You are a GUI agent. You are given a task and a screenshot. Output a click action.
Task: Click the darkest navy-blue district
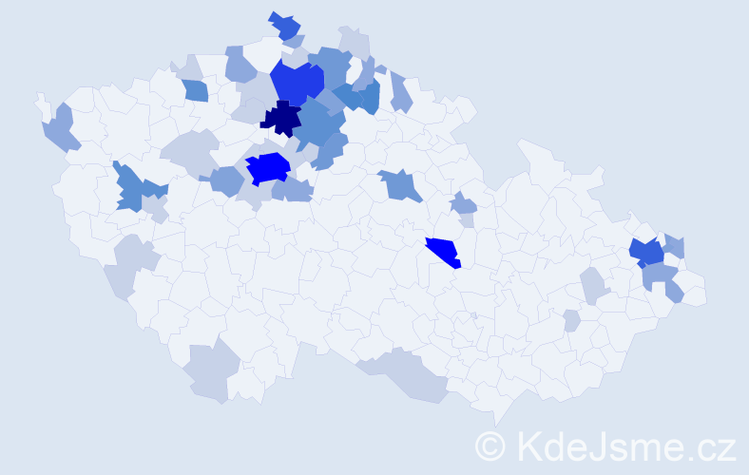point(281,119)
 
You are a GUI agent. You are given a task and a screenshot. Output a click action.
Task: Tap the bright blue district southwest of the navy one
point(268,168)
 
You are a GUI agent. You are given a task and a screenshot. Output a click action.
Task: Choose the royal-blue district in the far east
point(646,253)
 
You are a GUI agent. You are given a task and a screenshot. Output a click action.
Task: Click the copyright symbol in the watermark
point(490,446)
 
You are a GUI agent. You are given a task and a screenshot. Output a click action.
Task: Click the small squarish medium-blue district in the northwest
point(195,90)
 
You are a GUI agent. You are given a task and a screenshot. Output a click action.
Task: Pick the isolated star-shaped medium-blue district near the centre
point(402,184)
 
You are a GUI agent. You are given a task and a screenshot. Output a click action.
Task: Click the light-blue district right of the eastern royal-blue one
point(674,246)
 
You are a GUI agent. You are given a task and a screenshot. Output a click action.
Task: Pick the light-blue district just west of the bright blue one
point(226,180)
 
